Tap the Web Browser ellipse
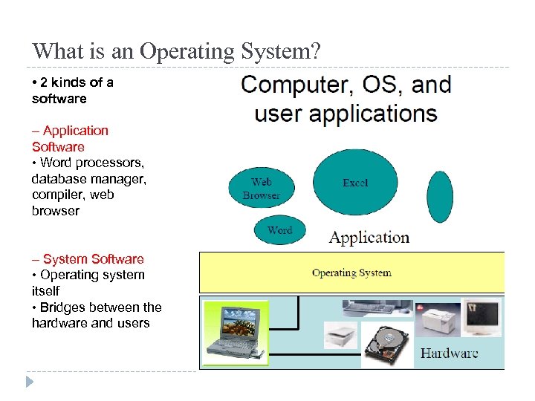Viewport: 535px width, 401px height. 261,188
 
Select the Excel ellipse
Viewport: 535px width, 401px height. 355,183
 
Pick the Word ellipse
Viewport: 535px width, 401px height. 279,230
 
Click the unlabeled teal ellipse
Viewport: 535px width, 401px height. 440,197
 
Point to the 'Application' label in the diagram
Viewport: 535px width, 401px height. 369,238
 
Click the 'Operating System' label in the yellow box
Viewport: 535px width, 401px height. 351,273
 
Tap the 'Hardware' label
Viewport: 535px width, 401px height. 450,353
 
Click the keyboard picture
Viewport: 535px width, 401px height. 377,306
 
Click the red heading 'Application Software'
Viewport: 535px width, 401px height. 70,139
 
